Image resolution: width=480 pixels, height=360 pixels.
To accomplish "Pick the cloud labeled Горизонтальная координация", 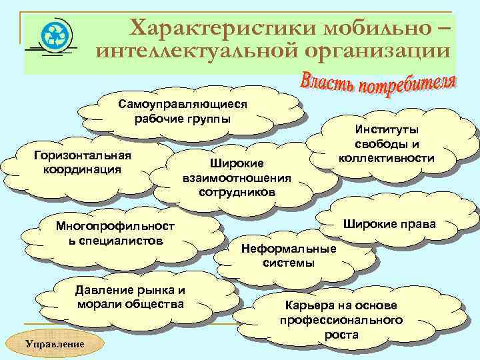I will (82, 162).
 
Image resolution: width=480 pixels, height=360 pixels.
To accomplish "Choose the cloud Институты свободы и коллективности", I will (387, 144).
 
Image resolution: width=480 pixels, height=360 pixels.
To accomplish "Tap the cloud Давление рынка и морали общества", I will (131, 297).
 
